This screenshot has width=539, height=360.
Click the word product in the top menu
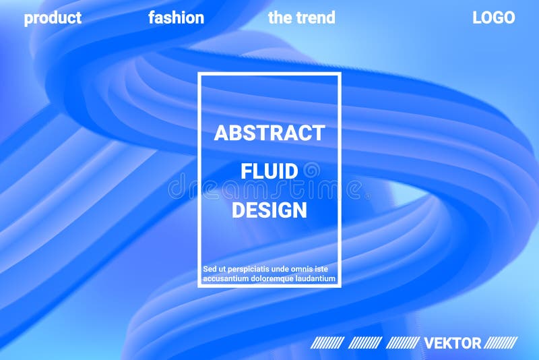[53, 18]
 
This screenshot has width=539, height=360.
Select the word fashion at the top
[176, 18]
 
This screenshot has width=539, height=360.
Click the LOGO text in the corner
[494, 18]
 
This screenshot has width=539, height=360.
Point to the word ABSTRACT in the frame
[269, 133]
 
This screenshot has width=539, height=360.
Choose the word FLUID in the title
[269, 171]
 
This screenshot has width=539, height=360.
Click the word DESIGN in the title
[269, 210]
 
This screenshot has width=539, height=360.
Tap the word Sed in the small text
[210, 269]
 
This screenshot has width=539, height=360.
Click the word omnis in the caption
[303, 269]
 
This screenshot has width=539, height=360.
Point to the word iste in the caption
[327, 269]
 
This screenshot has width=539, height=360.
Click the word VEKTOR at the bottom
[453, 343]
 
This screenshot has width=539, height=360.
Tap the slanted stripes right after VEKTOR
[502, 343]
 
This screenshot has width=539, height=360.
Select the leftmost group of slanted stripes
[327, 343]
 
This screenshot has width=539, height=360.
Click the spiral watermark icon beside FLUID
[311, 171]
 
